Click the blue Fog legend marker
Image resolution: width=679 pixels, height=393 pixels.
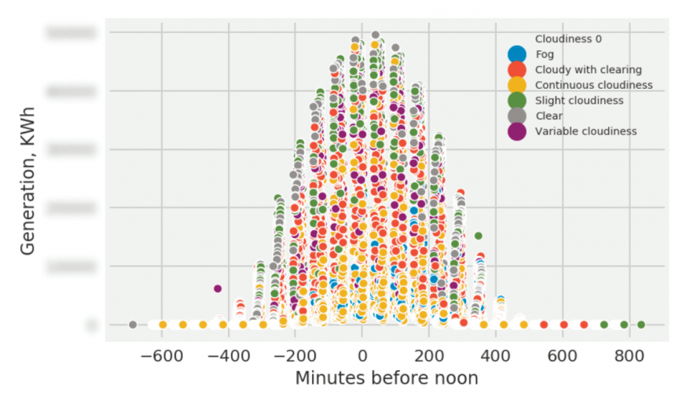[x=516, y=54]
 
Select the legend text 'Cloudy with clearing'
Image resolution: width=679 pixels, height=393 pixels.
[x=588, y=69]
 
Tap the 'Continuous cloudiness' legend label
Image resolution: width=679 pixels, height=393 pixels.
[x=593, y=85]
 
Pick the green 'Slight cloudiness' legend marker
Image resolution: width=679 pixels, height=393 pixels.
[x=516, y=100]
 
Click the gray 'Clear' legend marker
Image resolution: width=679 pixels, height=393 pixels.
[x=516, y=116]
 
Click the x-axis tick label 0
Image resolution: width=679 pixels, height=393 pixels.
[x=362, y=354]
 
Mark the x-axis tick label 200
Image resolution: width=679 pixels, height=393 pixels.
[x=429, y=354]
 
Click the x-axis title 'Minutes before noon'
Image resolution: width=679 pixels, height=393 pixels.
[x=386, y=378]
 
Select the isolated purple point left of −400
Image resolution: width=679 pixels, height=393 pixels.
[x=218, y=288]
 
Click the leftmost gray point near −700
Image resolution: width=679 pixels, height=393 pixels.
[x=133, y=325]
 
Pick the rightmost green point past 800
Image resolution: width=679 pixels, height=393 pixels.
[x=641, y=325]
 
